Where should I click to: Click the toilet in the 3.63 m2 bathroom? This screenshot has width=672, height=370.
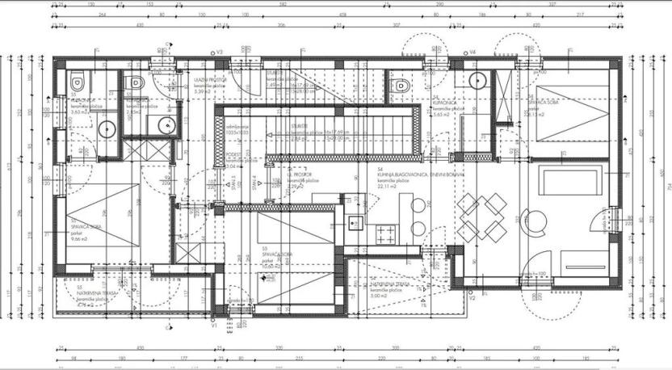coord(77,82)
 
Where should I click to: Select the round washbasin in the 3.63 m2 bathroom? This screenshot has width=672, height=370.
coord(106,127)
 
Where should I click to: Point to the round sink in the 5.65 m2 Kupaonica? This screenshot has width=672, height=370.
coord(478,80)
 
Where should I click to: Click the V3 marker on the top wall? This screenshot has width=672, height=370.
coord(219,53)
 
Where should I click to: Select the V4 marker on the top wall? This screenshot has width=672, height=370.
coord(473,53)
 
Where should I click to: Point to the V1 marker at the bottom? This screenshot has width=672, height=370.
coord(214,326)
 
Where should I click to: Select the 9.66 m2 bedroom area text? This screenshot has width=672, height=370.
coord(80,240)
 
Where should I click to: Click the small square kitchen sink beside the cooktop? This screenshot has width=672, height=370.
coord(353,223)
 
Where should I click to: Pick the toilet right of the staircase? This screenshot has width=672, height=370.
coord(400,84)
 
